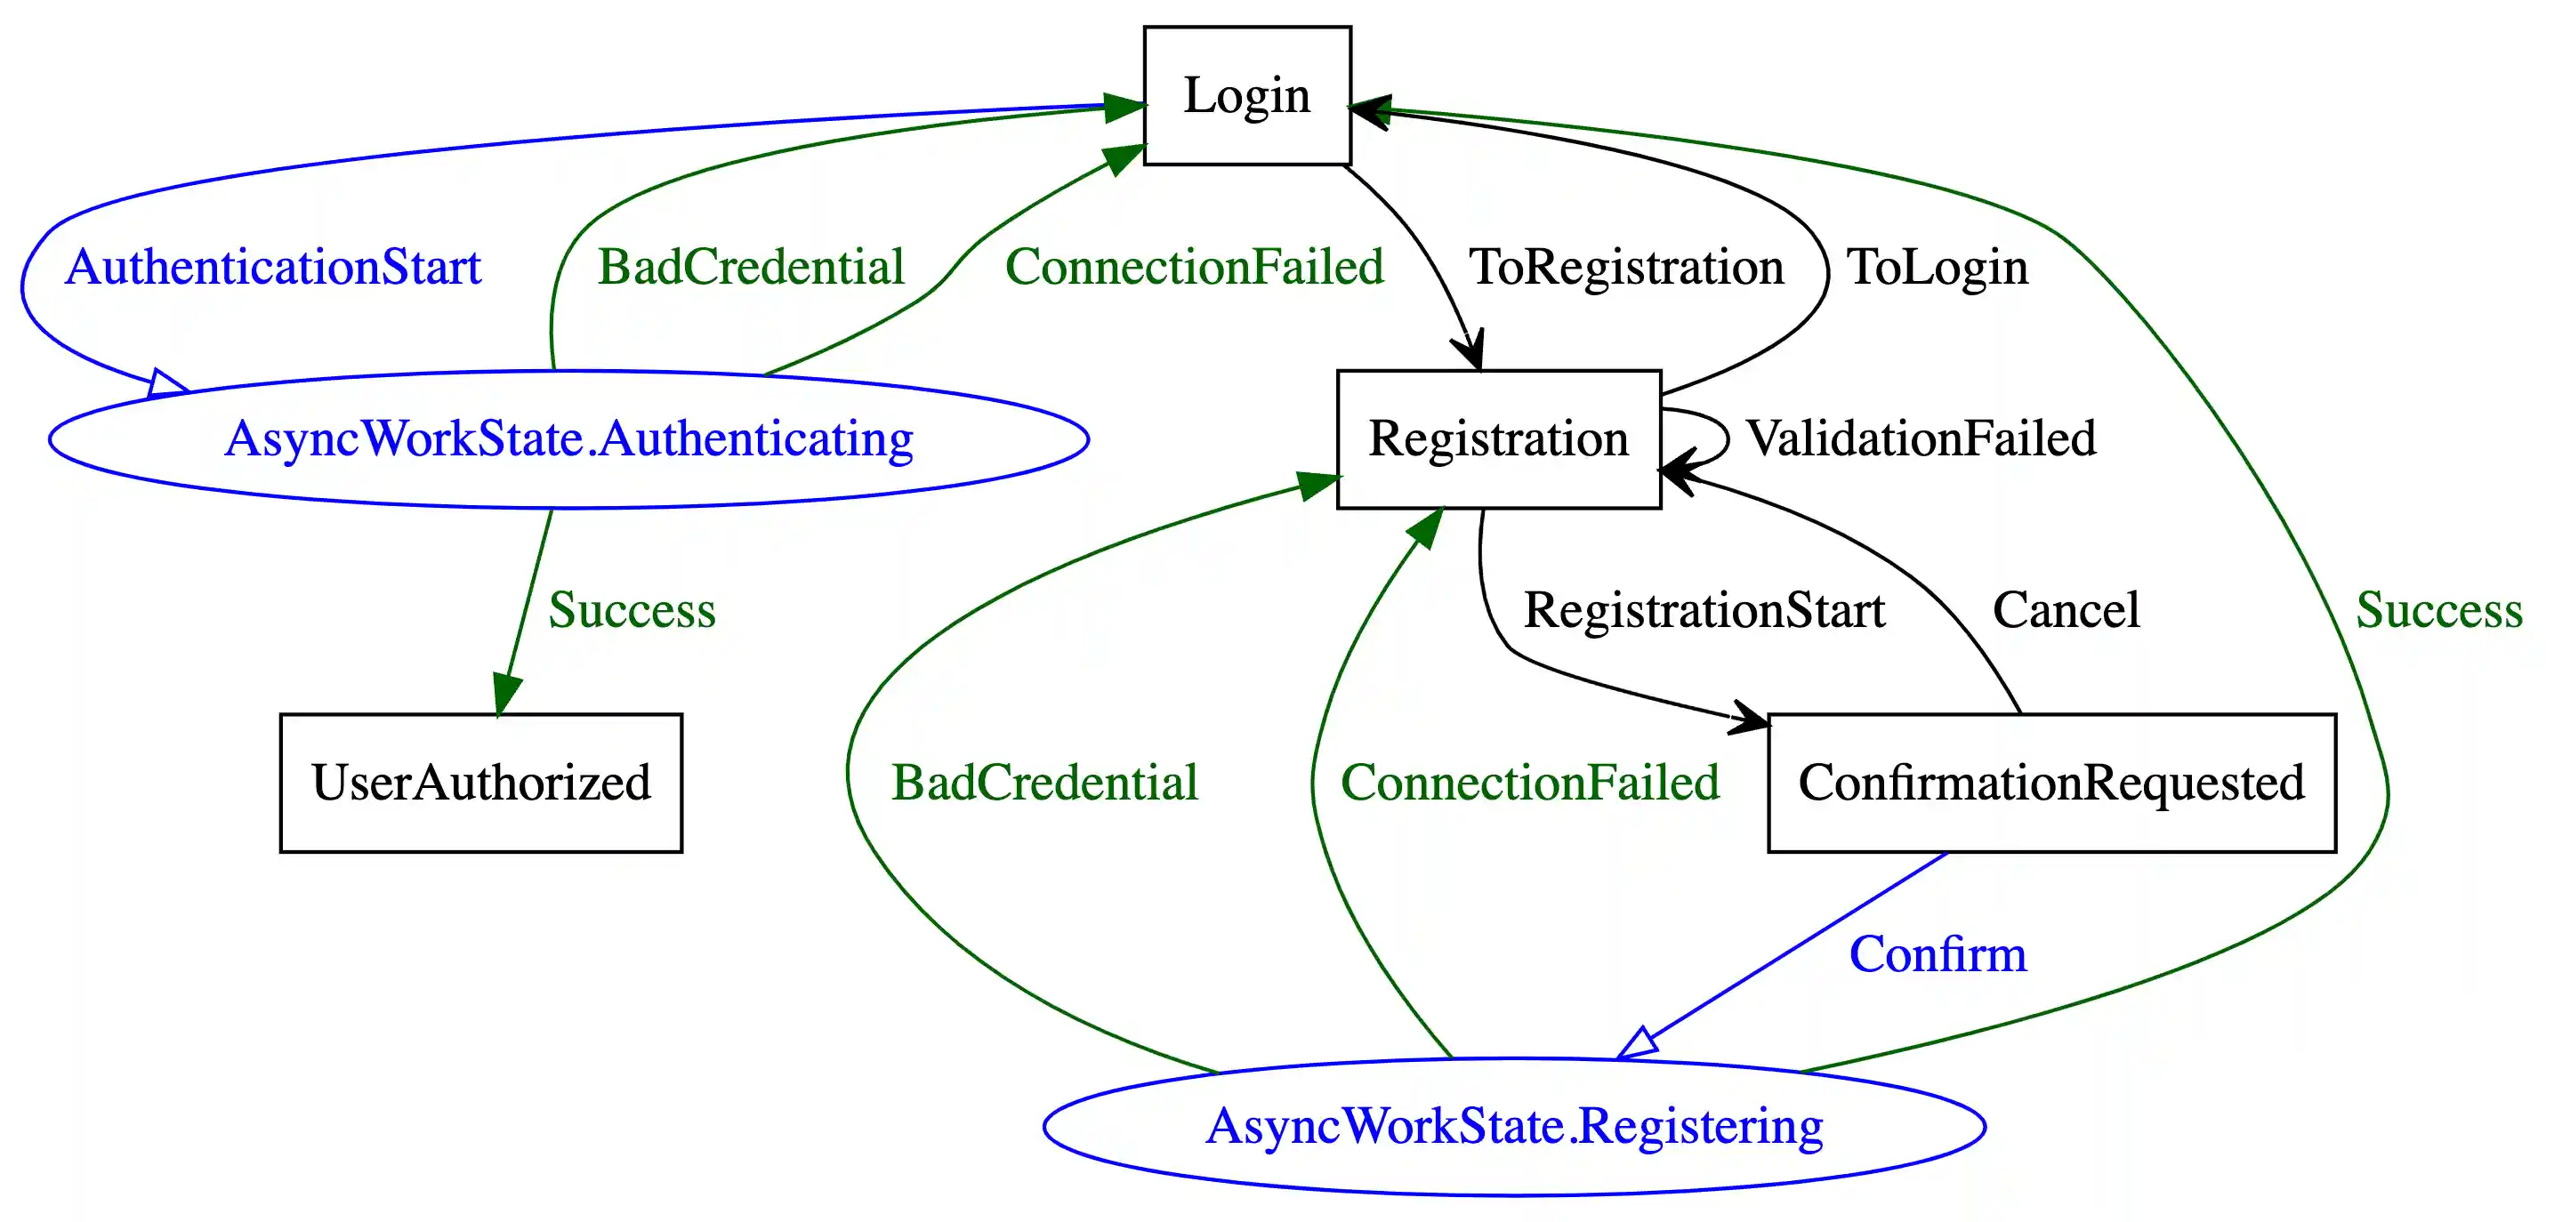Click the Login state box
(x=1246, y=95)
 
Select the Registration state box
(x=1498, y=438)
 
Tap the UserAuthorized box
(x=480, y=783)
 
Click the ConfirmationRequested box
(x=2050, y=783)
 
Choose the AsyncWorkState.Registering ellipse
(x=1514, y=1127)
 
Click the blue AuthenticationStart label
(x=272, y=268)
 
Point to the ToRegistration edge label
(x=1626, y=268)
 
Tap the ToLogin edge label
(x=1937, y=268)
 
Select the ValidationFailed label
(x=1921, y=438)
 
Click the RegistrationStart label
(x=1704, y=610)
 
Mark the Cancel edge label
(x=2066, y=610)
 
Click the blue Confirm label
(x=1938, y=954)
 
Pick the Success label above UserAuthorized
(x=632, y=610)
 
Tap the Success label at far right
(x=2438, y=610)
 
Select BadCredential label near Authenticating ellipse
(x=751, y=268)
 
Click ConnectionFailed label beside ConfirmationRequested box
(x=1530, y=783)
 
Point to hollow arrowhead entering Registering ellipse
(x=1638, y=1044)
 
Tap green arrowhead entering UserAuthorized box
(x=506, y=695)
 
